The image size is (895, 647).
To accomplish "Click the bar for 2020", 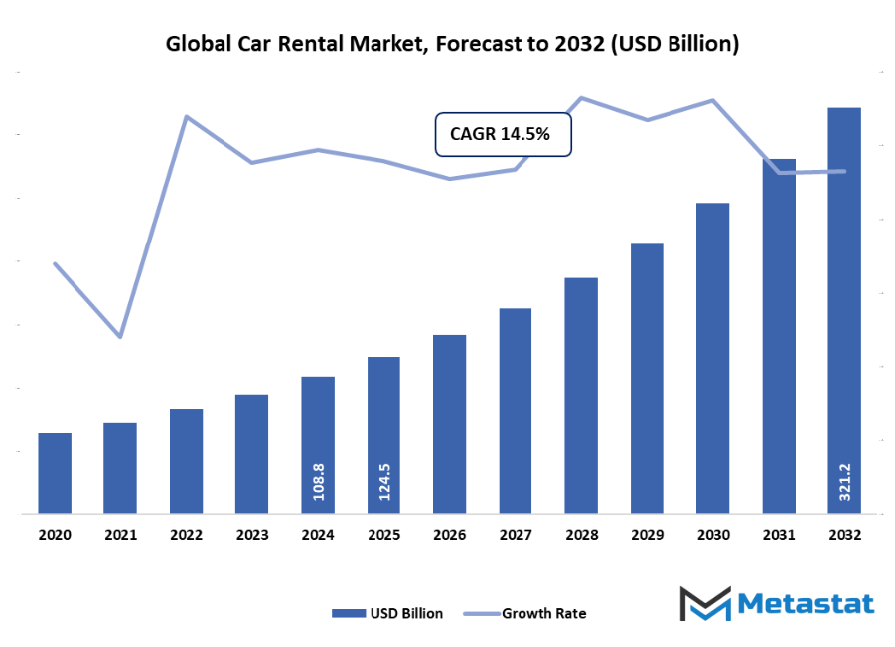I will (55, 473).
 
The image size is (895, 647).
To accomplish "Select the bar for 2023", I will (252, 454).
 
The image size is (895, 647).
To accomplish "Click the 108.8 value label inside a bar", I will (319, 480).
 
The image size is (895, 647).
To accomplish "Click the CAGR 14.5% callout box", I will (504, 134).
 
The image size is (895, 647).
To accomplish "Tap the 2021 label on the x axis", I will (120, 535).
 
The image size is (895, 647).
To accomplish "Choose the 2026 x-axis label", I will (450, 535).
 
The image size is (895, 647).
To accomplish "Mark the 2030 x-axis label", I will (713, 535).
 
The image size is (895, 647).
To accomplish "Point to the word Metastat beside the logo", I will (807, 603).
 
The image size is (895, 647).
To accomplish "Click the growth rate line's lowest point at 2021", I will (120, 337).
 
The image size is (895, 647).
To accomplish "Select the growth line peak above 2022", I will (186, 116).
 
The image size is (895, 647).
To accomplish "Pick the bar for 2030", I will (713, 358).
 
